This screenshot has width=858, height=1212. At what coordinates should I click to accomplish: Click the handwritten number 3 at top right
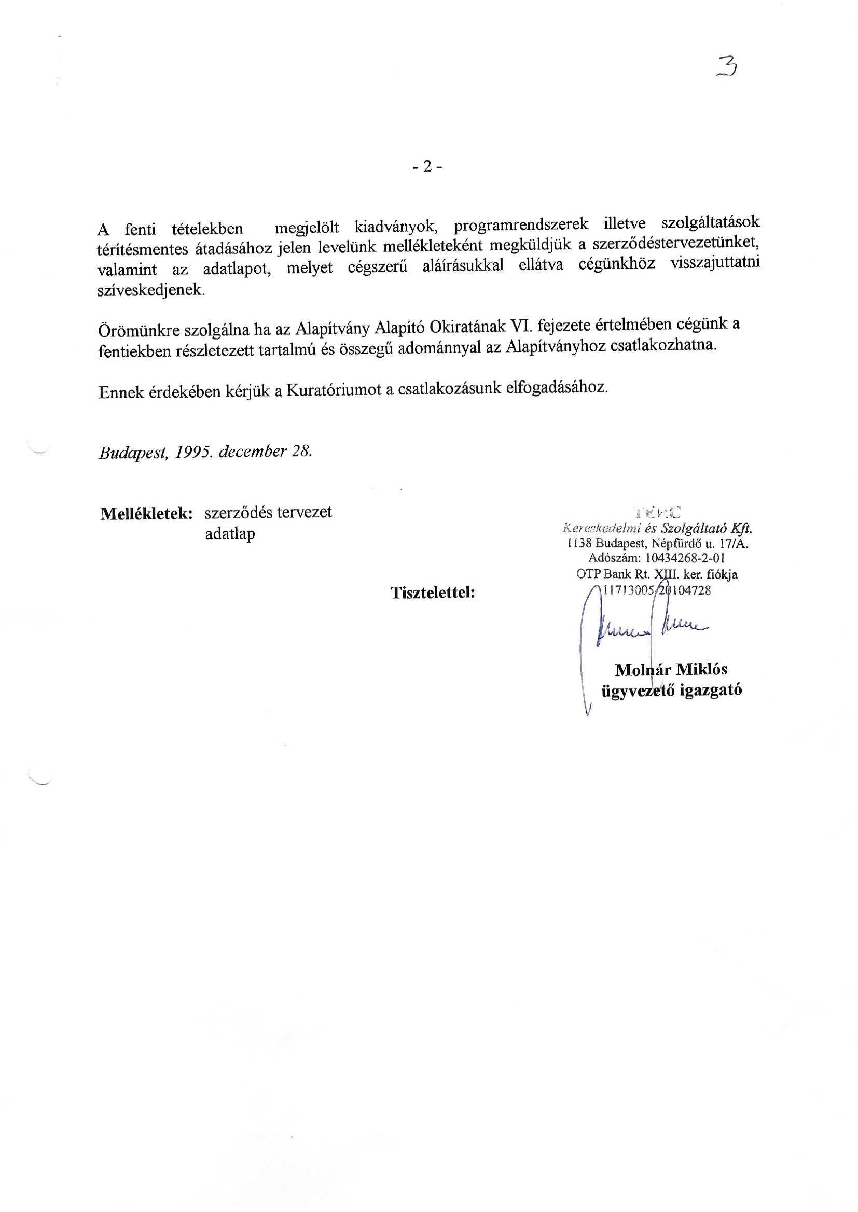727,67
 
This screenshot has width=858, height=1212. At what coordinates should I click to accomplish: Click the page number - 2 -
428,167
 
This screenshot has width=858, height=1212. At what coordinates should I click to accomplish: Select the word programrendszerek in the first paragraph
520,225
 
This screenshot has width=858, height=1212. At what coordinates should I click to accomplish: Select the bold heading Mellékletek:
146,514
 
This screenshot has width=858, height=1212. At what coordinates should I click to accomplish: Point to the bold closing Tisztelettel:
433,593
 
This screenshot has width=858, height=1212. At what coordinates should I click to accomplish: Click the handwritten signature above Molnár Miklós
650,627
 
